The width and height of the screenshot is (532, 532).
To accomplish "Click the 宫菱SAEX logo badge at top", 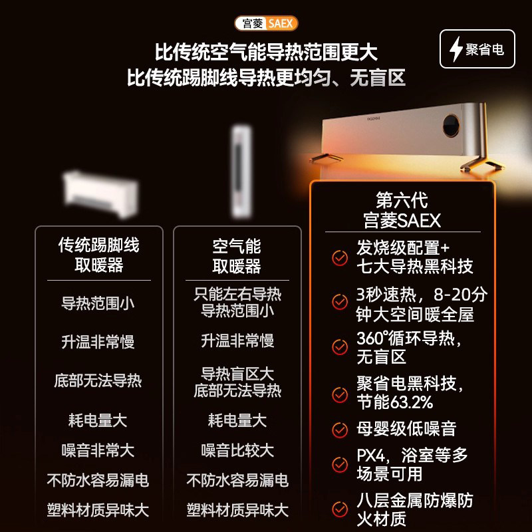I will tap(266, 24).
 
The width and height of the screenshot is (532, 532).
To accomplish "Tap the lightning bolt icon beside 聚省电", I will tap(456, 50).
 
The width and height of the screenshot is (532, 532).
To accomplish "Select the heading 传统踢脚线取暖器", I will tap(98, 255).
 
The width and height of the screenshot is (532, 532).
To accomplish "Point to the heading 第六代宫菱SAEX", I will tap(402, 209).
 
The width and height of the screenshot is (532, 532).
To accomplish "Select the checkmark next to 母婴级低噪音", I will tap(340, 430).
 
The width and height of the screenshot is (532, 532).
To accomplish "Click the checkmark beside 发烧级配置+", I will tap(340, 258).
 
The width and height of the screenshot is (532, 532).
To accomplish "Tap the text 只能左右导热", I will tap(237, 295).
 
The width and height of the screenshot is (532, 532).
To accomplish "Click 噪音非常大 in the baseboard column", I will tap(98, 450).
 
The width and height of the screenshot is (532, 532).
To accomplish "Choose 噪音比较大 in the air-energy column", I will tap(237, 450).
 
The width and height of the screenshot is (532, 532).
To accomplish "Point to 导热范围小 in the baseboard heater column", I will tap(98, 303).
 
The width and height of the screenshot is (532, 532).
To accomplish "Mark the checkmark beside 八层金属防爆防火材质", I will tap(340, 509).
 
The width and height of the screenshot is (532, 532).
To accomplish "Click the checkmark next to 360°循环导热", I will tap(340, 347).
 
